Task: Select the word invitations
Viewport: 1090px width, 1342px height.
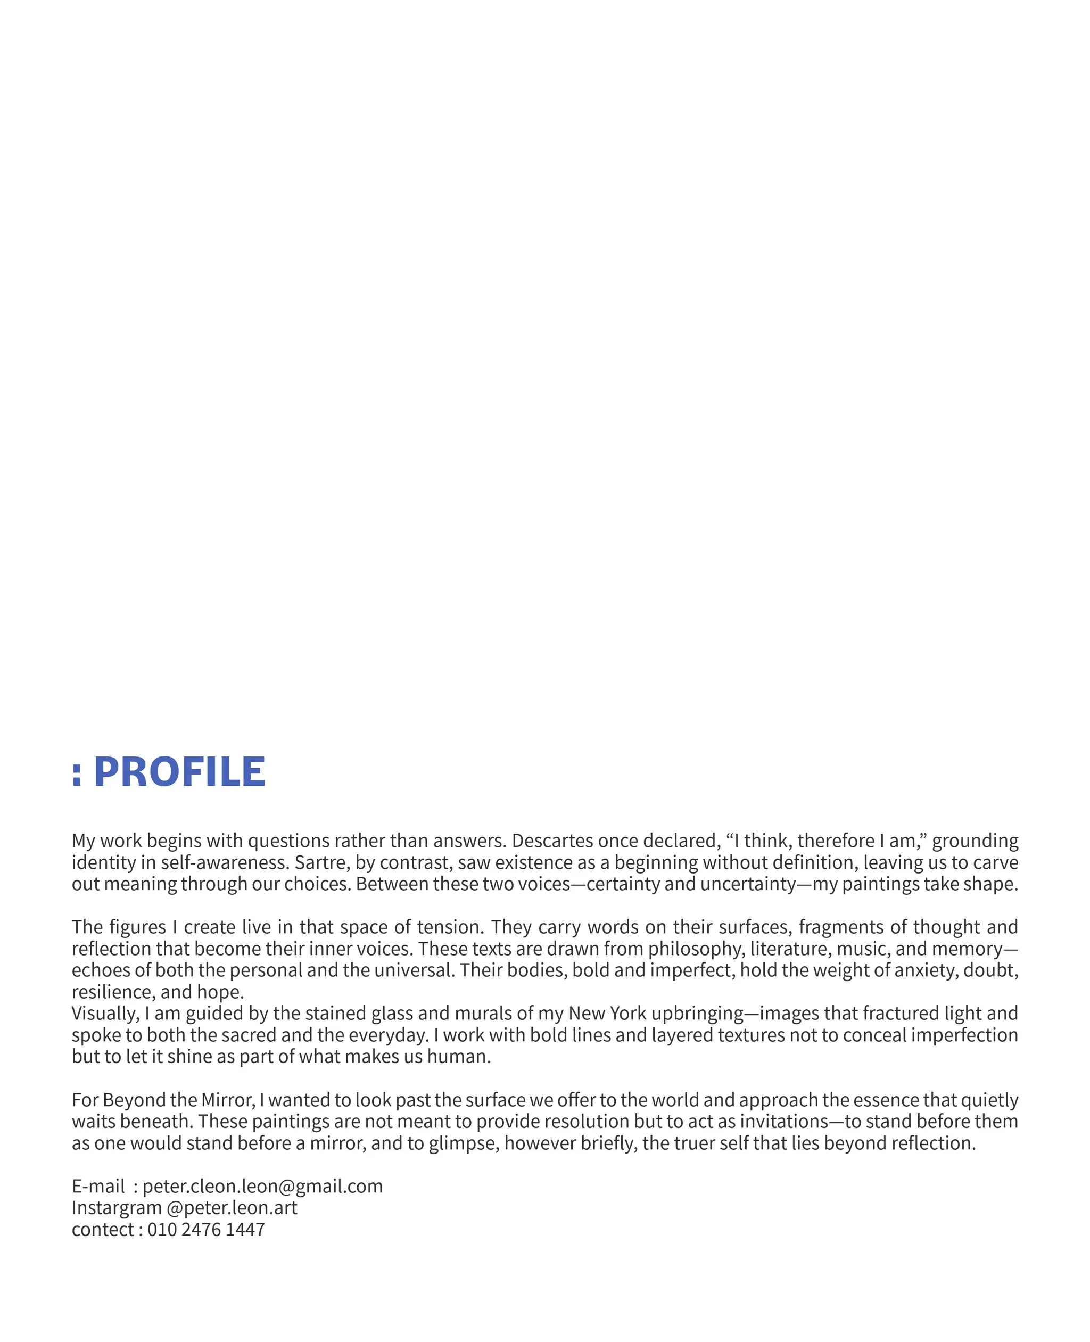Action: click(x=784, y=1122)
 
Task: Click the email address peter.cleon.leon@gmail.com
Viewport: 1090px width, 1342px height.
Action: click(x=262, y=1186)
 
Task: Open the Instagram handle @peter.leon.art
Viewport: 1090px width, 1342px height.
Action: click(x=232, y=1208)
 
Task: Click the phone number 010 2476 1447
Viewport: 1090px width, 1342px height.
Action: click(x=206, y=1229)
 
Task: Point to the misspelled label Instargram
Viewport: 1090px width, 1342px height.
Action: click(x=117, y=1208)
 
